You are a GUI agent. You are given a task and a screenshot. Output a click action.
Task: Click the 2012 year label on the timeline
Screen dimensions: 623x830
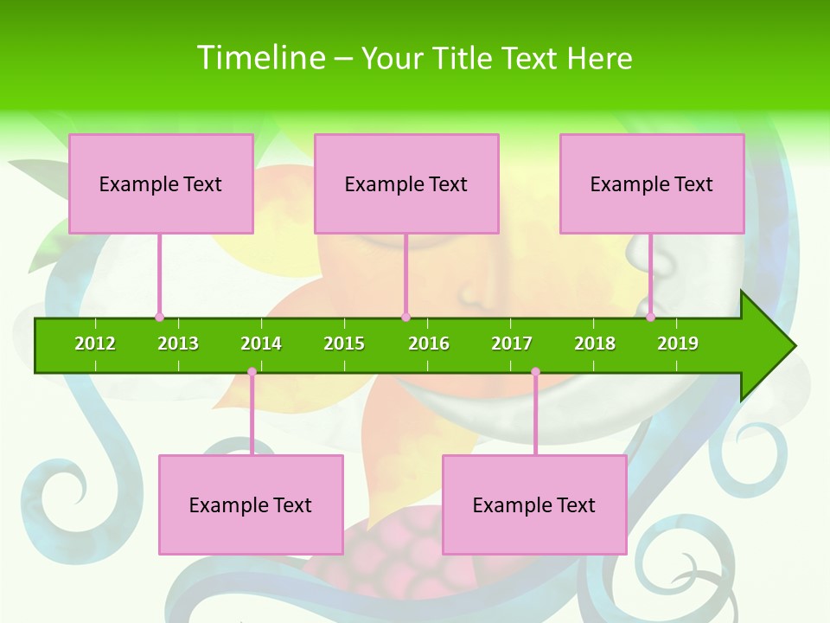[95, 344]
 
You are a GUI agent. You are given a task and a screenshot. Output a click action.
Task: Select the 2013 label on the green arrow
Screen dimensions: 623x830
[178, 344]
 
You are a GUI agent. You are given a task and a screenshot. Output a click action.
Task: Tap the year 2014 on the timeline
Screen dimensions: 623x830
[261, 344]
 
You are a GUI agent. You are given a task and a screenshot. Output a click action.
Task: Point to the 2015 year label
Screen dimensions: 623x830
[344, 344]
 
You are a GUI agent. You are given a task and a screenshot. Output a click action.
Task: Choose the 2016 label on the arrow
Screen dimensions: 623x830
[429, 344]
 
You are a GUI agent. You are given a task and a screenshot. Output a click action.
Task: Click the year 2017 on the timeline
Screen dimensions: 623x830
[512, 344]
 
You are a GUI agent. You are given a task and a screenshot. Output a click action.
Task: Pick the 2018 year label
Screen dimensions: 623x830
[595, 344]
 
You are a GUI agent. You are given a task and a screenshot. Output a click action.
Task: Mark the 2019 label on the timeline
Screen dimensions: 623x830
[678, 344]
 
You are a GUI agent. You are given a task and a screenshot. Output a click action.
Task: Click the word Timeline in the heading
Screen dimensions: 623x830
[260, 58]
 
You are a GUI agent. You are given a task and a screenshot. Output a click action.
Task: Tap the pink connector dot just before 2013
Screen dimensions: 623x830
[159, 317]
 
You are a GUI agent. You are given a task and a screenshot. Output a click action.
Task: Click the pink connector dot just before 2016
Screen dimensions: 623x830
[405, 317]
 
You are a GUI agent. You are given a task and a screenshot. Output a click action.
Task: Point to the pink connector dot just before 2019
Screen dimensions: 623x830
[650, 317]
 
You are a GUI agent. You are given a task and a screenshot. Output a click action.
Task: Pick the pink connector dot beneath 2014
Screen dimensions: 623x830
[252, 372]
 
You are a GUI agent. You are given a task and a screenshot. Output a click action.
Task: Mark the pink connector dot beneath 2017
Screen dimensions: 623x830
[535, 372]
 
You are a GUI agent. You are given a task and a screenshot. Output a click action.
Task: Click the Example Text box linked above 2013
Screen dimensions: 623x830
[161, 183]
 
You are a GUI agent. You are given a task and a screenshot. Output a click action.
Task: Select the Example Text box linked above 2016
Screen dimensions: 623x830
[406, 183]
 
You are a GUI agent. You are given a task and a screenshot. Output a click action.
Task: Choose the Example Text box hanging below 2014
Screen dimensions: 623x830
[251, 504]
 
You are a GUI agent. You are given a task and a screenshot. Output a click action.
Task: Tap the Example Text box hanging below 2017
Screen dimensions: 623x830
[534, 504]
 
